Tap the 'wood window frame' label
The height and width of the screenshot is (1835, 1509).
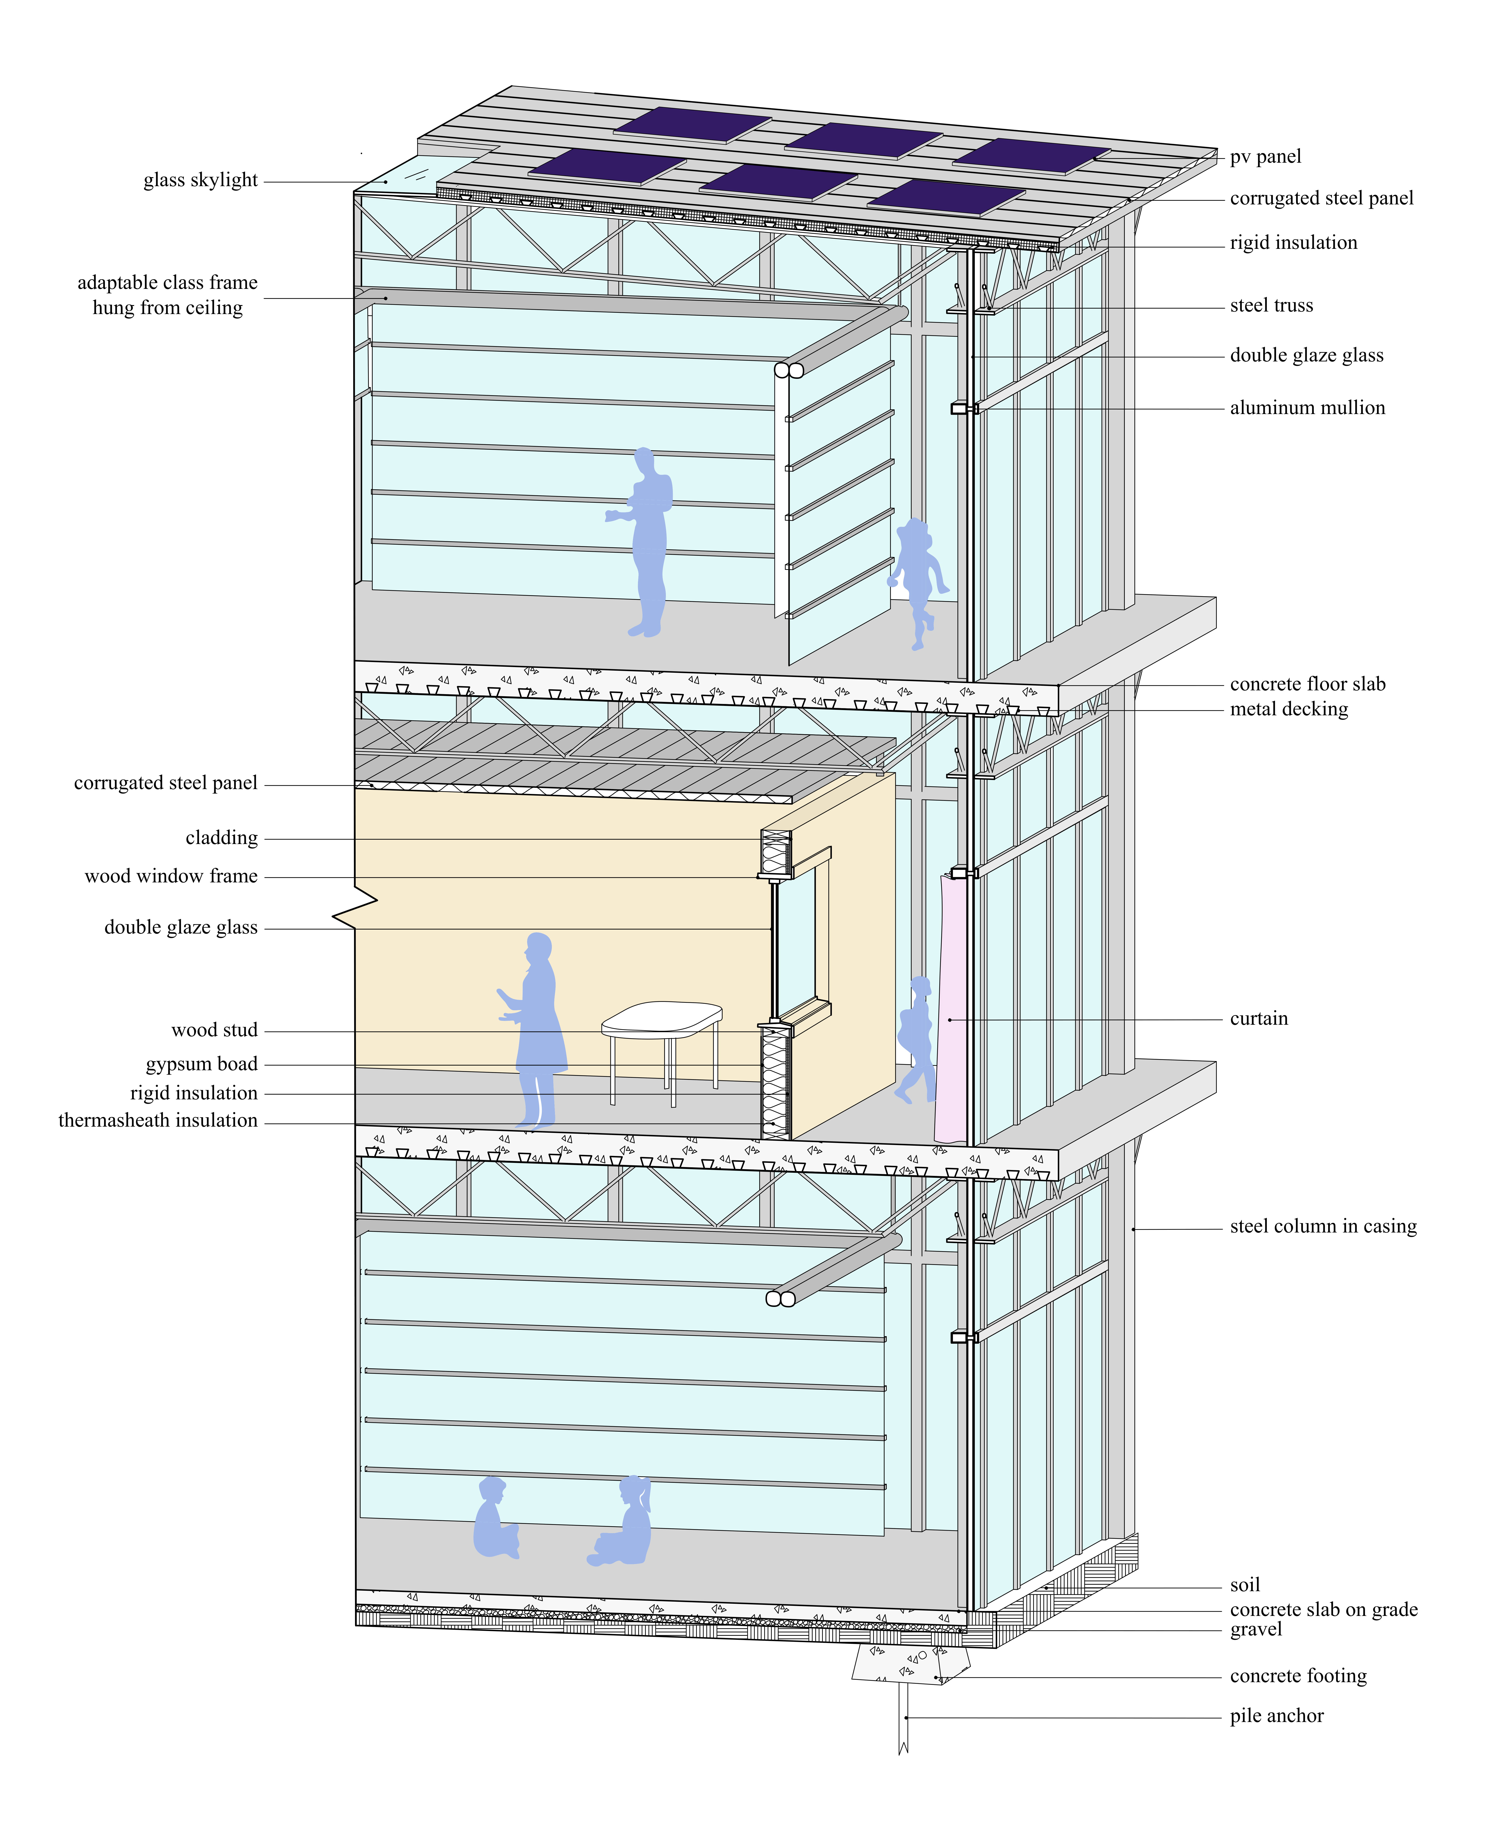[171, 876]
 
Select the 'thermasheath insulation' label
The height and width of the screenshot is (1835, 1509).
[158, 1121]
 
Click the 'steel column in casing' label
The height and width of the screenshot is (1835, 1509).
[1323, 1227]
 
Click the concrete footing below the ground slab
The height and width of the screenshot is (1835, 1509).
[911, 1663]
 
